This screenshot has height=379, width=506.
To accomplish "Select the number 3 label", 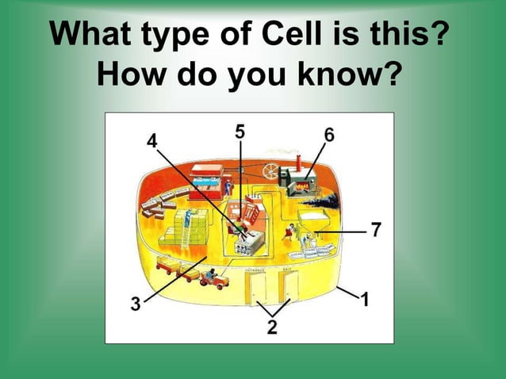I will pyautogui.click(x=136, y=304).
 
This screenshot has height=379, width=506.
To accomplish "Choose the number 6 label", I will pyautogui.click(x=328, y=135).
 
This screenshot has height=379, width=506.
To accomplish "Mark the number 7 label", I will pyautogui.click(x=376, y=230).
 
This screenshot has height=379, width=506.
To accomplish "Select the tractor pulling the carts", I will pyautogui.click(x=213, y=278).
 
